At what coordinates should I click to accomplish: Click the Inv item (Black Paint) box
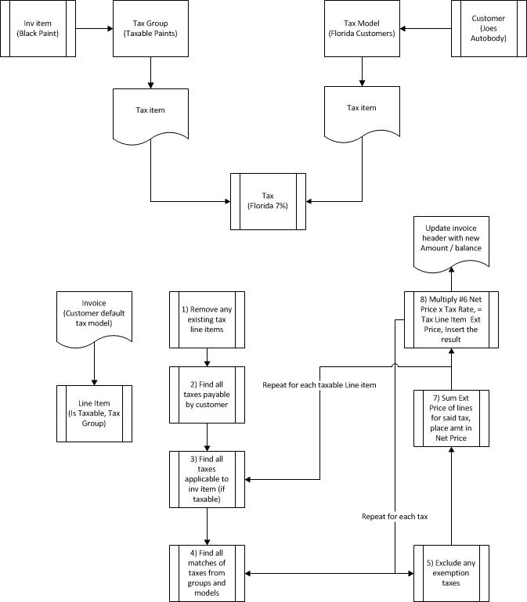tap(38, 29)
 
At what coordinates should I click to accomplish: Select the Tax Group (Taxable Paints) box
tap(150, 29)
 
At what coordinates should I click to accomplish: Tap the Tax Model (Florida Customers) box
tap(361, 29)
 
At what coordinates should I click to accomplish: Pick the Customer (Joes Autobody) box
tap(488, 29)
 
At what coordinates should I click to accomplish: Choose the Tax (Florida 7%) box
tap(268, 200)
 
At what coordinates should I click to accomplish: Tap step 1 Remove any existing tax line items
tap(207, 319)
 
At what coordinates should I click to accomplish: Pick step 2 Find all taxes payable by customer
tap(207, 394)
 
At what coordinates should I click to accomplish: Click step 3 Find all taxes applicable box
tap(207, 478)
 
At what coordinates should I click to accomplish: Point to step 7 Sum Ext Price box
tap(450, 420)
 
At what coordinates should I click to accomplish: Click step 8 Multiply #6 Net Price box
tap(450, 320)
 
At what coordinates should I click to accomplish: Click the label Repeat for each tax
tap(395, 517)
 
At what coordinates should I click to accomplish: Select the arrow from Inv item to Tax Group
tap(94, 29)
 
